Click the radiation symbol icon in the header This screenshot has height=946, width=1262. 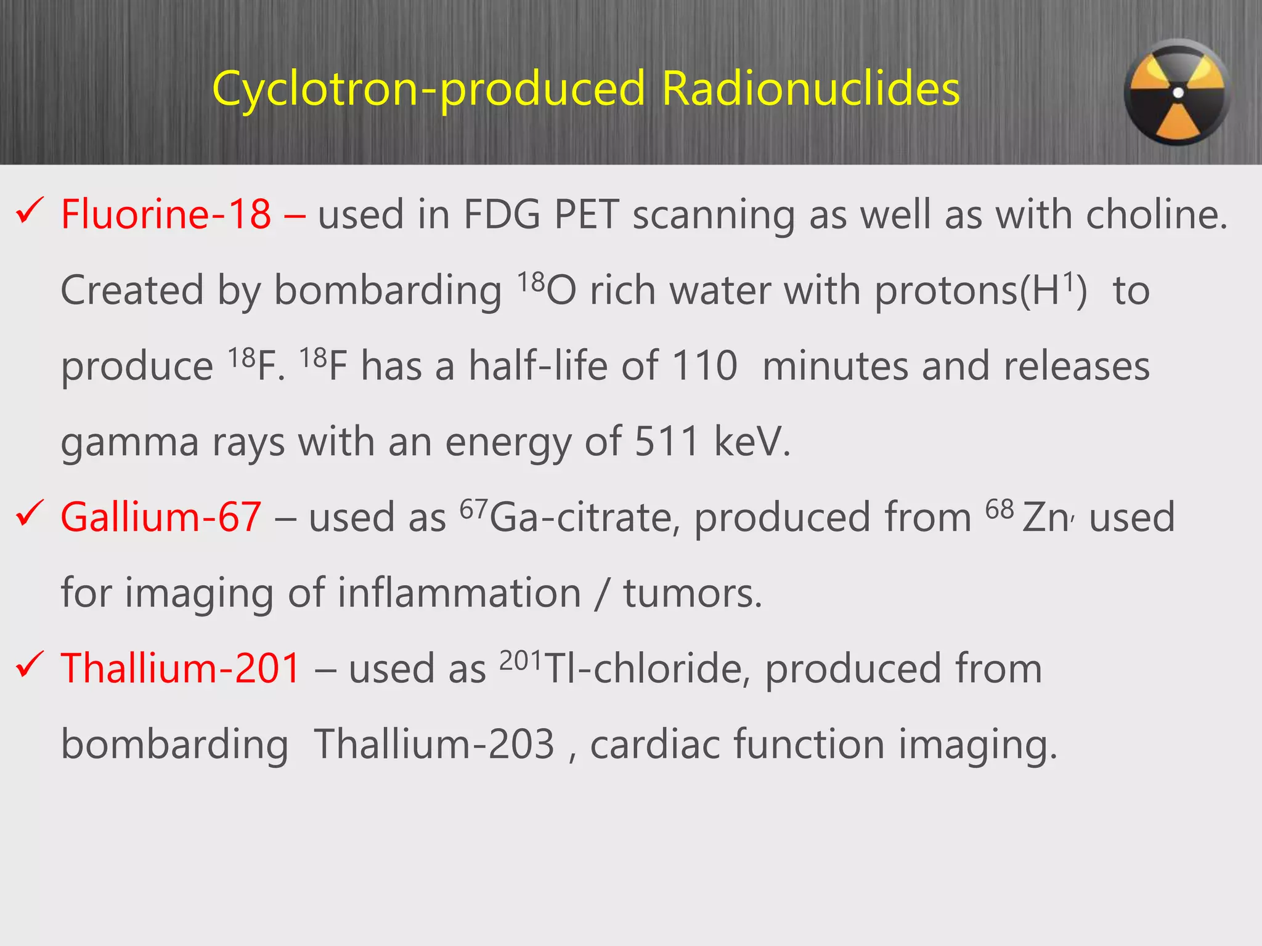(x=1177, y=93)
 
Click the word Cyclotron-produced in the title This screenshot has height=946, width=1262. (x=429, y=89)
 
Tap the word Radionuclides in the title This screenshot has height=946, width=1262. (x=810, y=89)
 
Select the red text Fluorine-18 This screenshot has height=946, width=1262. (x=166, y=215)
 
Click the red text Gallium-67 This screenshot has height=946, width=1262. (x=161, y=517)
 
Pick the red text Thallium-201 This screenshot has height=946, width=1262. (x=181, y=669)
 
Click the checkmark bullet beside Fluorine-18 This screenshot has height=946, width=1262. (x=30, y=211)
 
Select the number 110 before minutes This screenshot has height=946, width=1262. (x=704, y=366)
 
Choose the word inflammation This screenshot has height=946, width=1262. (x=459, y=594)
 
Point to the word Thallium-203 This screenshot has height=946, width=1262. (x=434, y=745)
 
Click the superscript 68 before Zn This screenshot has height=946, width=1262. (x=999, y=510)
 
